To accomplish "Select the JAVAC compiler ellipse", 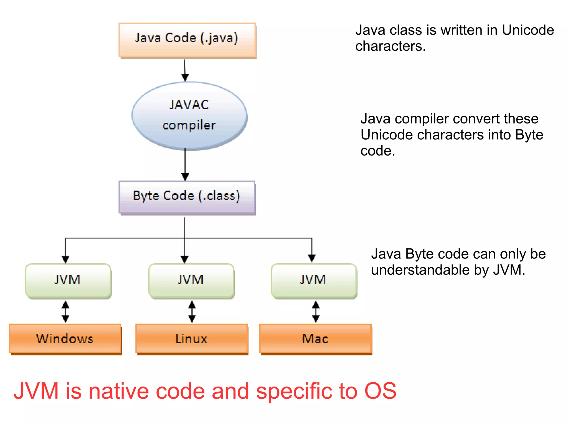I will tap(189, 116).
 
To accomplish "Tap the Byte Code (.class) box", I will tap(187, 197).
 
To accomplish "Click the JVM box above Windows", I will tap(68, 280).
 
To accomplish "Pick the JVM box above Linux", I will tap(191, 280).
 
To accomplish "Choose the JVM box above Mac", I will tap(314, 280).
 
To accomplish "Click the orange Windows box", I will tap(65, 339).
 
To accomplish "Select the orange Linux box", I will tap(191, 339).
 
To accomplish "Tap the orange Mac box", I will tap(315, 339).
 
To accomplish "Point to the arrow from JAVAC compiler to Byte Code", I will tap(185, 165).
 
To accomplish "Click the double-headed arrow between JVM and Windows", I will tap(65, 311).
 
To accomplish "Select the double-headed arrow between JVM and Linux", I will tap(192, 311).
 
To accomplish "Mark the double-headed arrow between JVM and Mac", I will tap(316, 311).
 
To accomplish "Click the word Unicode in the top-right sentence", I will tap(528, 30).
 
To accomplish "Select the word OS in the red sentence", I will tap(380, 391).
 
